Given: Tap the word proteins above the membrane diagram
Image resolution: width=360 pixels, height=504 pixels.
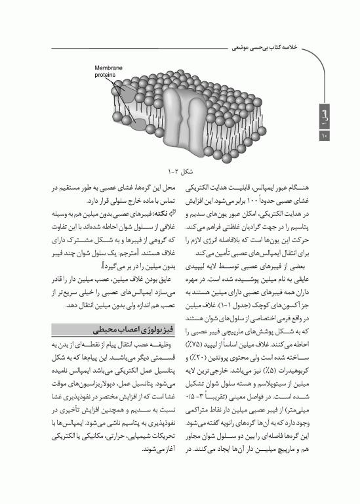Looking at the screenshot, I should (106, 74).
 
